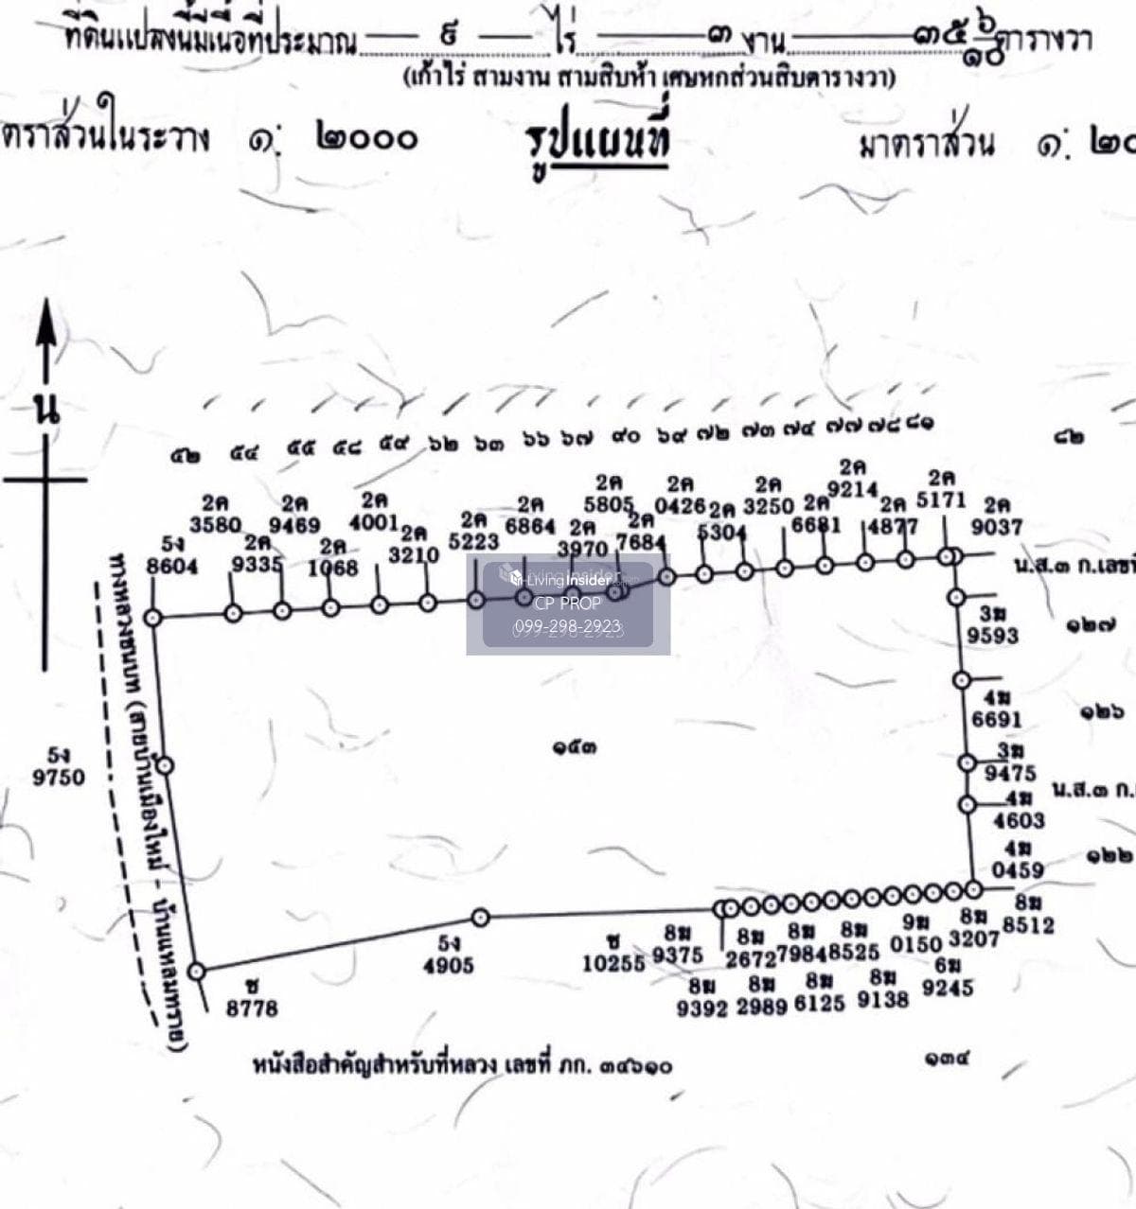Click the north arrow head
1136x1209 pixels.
click(x=44, y=326)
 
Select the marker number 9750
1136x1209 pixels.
click(x=59, y=778)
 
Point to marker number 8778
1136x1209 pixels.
click(x=252, y=1008)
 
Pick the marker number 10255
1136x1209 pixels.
click(x=613, y=962)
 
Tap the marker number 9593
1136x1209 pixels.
click(x=992, y=635)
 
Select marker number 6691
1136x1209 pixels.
click(x=996, y=720)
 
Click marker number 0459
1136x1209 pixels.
click(x=1018, y=869)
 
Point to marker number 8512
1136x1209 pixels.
click(x=1028, y=925)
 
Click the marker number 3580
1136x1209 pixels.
click(x=216, y=523)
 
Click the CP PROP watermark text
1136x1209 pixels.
click(x=568, y=603)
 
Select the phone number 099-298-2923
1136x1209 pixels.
click(x=568, y=626)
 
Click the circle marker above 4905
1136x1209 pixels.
click(x=481, y=917)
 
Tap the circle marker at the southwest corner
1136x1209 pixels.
click(x=197, y=972)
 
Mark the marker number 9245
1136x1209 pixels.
click(x=948, y=988)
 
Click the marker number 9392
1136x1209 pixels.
click(x=701, y=1008)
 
